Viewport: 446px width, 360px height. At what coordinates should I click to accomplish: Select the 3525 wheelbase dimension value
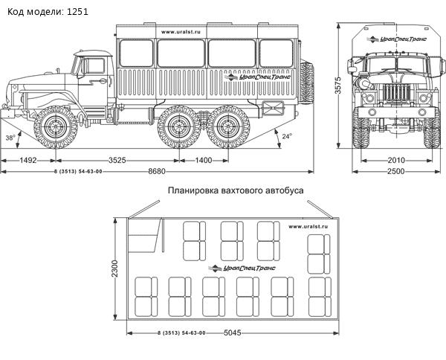pyautogui.click(x=122, y=160)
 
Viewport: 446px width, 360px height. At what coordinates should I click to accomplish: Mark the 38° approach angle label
pyautogui.click(x=10, y=138)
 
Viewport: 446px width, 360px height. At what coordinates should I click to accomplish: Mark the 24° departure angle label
pyautogui.click(x=287, y=136)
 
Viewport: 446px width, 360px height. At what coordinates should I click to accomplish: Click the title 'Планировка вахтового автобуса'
pyautogui.click(x=236, y=190)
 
